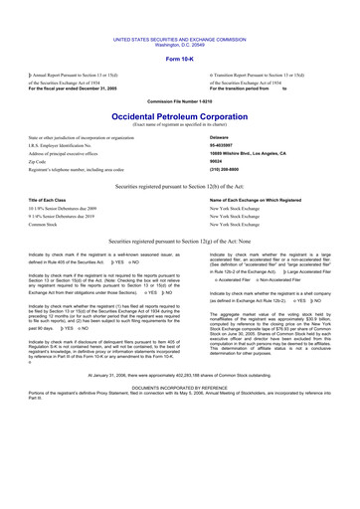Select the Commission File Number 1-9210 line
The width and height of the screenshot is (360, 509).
(x=179, y=100)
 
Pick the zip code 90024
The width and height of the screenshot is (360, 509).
(x=221, y=166)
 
